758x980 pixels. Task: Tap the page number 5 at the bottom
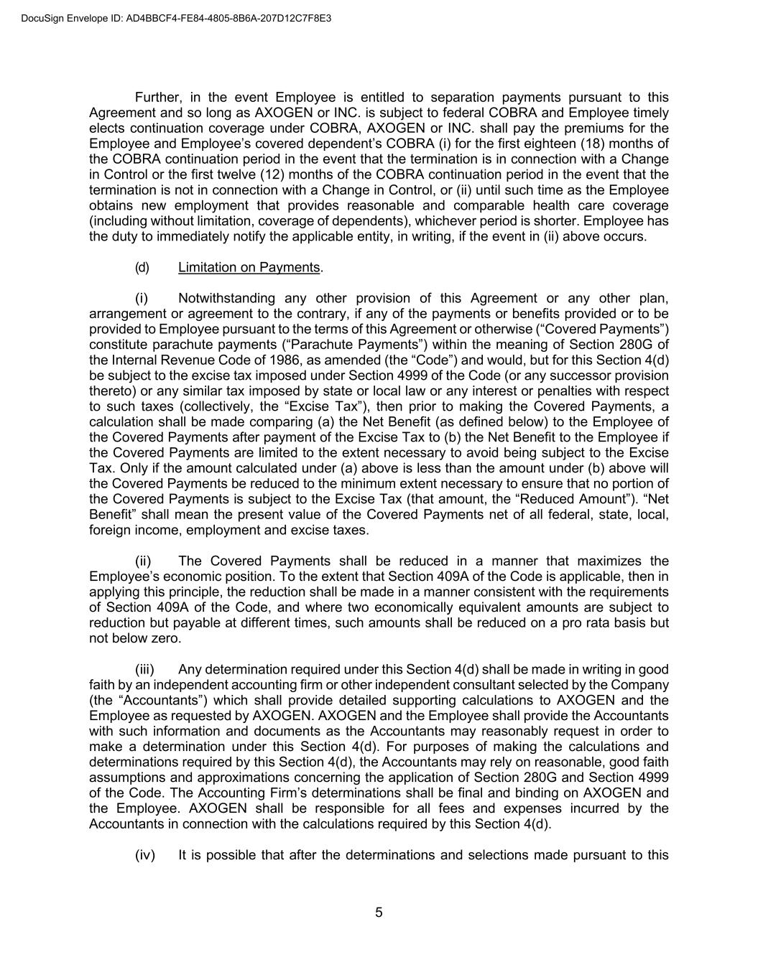pyautogui.click(x=379, y=913)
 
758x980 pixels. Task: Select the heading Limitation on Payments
pyautogui.click(x=249, y=267)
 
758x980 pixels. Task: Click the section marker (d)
pyautogui.click(x=142, y=267)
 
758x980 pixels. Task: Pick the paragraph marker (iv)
pyautogui.click(x=145, y=854)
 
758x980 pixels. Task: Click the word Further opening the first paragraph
pyautogui.click(x=157, y=97)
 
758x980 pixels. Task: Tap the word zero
pyautogui.click(x=165, y=638)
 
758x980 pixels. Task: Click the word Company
pyautogui.click(x=642, y=684)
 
